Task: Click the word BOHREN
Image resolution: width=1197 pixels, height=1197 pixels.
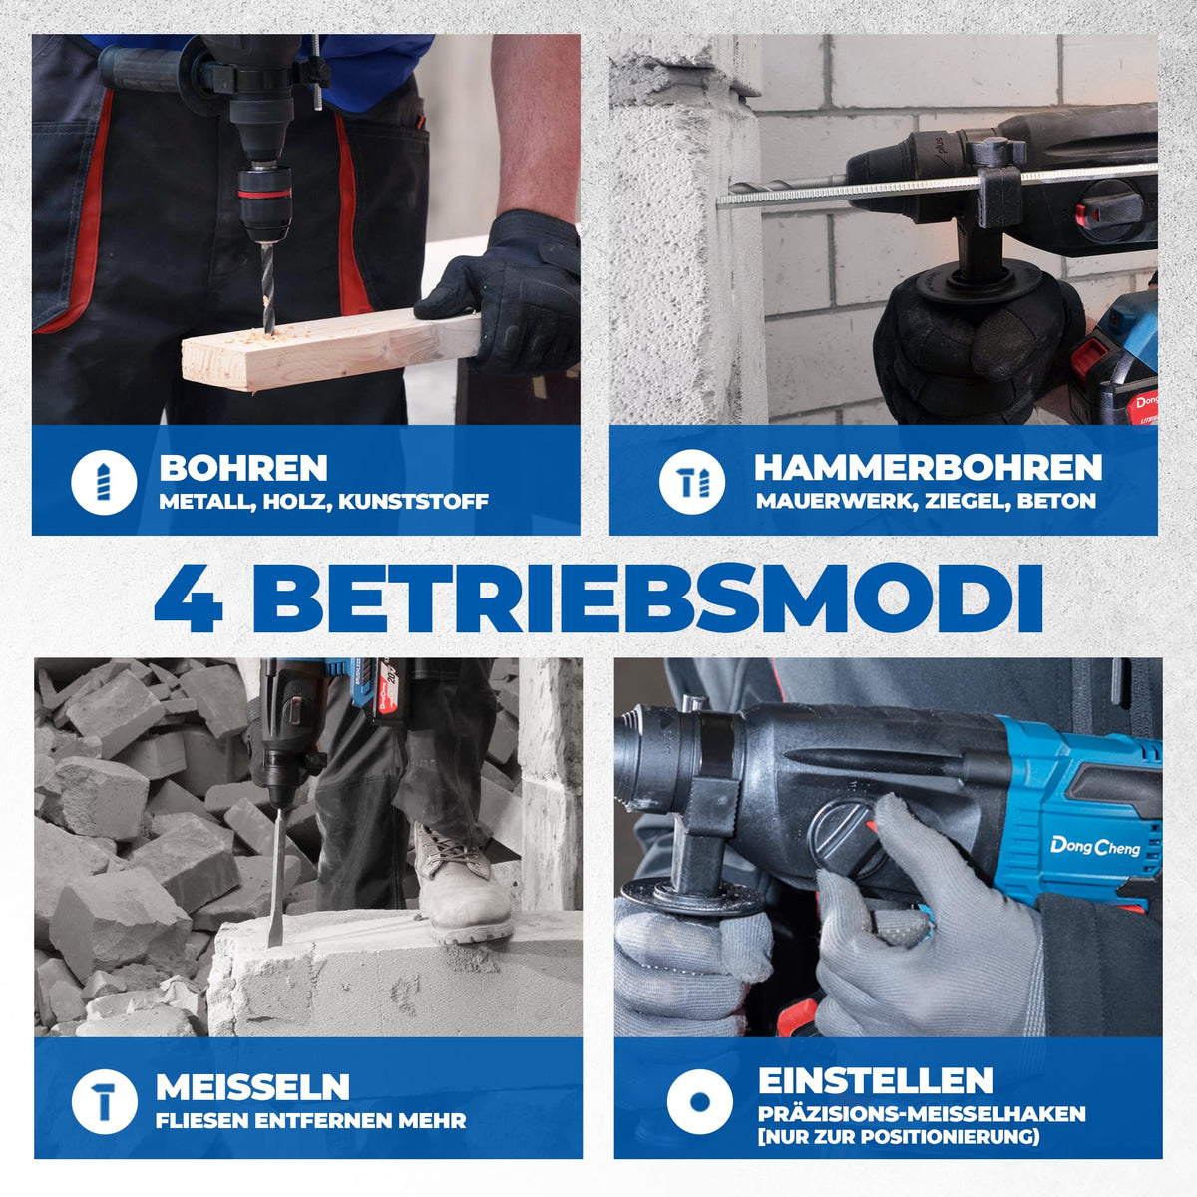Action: coord(242,468)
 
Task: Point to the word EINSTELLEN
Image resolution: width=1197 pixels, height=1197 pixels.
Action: coord(875,1081)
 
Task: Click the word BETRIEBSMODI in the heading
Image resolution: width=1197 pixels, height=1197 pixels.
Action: coord(647,600)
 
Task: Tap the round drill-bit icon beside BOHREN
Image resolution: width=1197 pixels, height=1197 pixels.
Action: coord(104,482)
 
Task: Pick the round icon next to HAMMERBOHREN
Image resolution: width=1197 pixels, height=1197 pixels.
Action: coord(692,482)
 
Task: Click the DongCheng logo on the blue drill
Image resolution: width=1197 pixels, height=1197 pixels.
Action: coord(1095,847)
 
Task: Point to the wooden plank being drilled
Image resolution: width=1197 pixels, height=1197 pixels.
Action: coord(329,351)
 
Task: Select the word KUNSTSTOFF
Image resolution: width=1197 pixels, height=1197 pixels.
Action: coord(413,502)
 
